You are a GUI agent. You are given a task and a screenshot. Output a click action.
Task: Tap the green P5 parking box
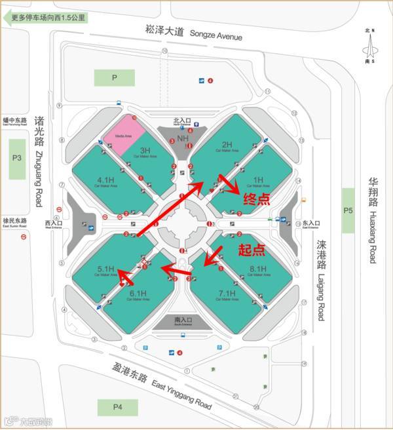(x=348, y=210)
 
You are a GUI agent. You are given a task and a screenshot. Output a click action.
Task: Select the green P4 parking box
(x=118, y=407)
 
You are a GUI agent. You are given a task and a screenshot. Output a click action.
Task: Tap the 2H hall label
(x=227, y=145)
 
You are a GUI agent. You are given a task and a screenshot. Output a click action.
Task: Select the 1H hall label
(x=257, y=179)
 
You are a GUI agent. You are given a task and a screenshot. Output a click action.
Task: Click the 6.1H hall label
(x=138, y=293)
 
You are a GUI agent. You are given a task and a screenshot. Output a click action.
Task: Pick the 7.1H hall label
(x=227, y=293)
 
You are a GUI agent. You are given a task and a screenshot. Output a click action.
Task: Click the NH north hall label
(x=183, y=138)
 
